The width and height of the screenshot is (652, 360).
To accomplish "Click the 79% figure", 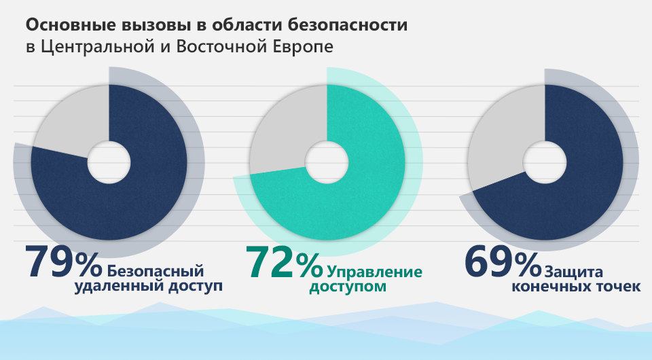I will tap(62, 262).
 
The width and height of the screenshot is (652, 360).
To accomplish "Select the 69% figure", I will tap(501, 262).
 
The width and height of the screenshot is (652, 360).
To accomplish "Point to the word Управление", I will tap(374, 272).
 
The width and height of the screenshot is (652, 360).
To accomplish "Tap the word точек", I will tap(616, 287).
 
